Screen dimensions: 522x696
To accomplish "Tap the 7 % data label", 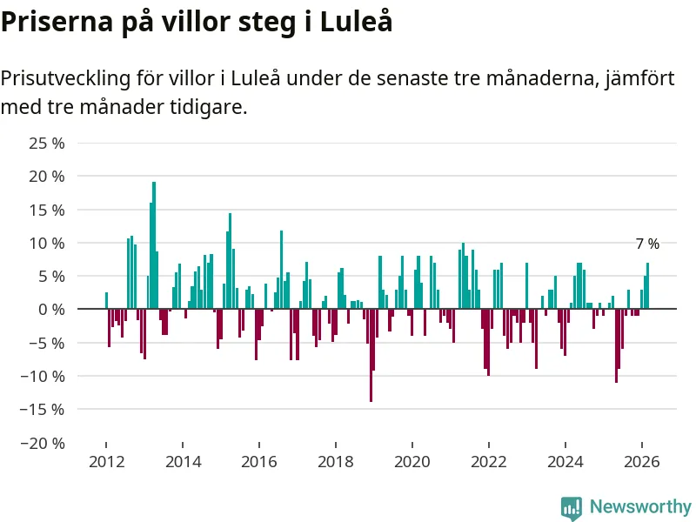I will click(647, 244).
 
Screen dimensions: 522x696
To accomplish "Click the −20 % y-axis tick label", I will click(43, 443).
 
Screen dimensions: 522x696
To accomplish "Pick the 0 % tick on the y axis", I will click(51, 309).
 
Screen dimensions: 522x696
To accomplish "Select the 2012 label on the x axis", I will click(106, 461).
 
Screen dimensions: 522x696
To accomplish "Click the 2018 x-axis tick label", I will click(336, 461).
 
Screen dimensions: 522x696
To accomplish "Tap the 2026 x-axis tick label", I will click(642, 461).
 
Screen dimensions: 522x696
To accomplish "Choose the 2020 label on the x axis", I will click(412, 461).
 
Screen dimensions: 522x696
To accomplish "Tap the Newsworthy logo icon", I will click(572, 506).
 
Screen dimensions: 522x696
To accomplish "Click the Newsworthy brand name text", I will click(640, 506).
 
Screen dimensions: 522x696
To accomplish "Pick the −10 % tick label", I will click(43, 376).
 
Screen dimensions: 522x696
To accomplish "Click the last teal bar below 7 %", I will click(647, 285).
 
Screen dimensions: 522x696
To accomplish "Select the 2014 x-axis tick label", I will click(183, 461).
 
